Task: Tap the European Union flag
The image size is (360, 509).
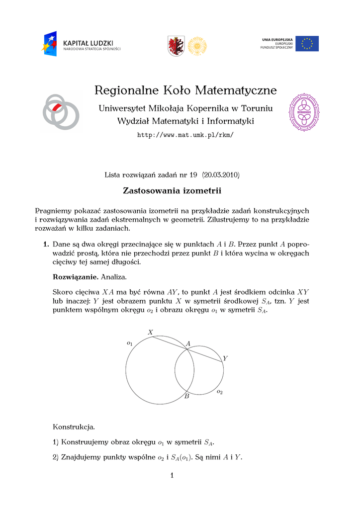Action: pyautogui.click(x=307, y=43)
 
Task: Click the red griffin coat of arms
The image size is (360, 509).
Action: pyautogui.click(x=176, y=46)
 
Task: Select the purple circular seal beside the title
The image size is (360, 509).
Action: pyautogui.click(x=304, y=112)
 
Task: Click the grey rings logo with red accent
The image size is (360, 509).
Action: pyautogui.click(x=60, y=110)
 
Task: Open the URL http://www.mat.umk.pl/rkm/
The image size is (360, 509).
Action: pyautogui.click(x=185, y=135)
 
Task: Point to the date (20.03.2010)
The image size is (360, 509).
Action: pyautogui.click(x=221, y=175)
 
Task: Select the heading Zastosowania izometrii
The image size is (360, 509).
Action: pyautogui.click(x=172, y=191)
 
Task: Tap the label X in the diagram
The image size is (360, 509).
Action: pyautogui.click(x=150, y=332)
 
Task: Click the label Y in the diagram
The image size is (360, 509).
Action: pyautogui.click(x=225, y=358)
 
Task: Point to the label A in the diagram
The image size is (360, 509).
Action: pyautogui.click(x=188, y=344)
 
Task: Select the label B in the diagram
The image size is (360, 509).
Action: pyautogui.click(x=187, y=397)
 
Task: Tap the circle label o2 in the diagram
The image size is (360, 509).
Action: pyautogui.click(x=219, y=392)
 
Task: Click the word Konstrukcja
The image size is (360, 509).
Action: pyautogui.click(x=73, y=427)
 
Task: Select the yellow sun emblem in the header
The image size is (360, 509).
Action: pyautogui.click(x=197, y=46)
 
